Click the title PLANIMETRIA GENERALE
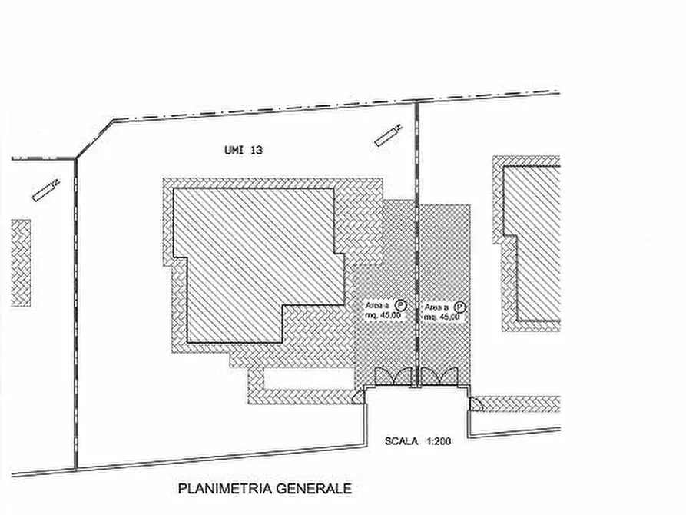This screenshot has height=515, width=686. click(265, 488)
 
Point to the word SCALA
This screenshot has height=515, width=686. click(402, 441)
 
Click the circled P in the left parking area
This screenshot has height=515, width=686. click(400, 305)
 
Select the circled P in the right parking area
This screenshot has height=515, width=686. click(459, 305)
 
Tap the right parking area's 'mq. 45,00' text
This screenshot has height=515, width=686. click(441, 317)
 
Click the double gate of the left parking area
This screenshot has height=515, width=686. click(393, 377)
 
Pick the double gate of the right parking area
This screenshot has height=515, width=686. click(440, 377)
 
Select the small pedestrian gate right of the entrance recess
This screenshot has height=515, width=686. click(474, 403)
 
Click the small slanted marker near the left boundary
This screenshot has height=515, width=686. click(46, 189)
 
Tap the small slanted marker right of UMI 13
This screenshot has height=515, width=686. click(387, 135)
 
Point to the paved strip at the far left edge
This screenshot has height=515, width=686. click(22, 263)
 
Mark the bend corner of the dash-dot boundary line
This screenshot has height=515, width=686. click(113, 121)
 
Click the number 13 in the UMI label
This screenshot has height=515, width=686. click(256, 151)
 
